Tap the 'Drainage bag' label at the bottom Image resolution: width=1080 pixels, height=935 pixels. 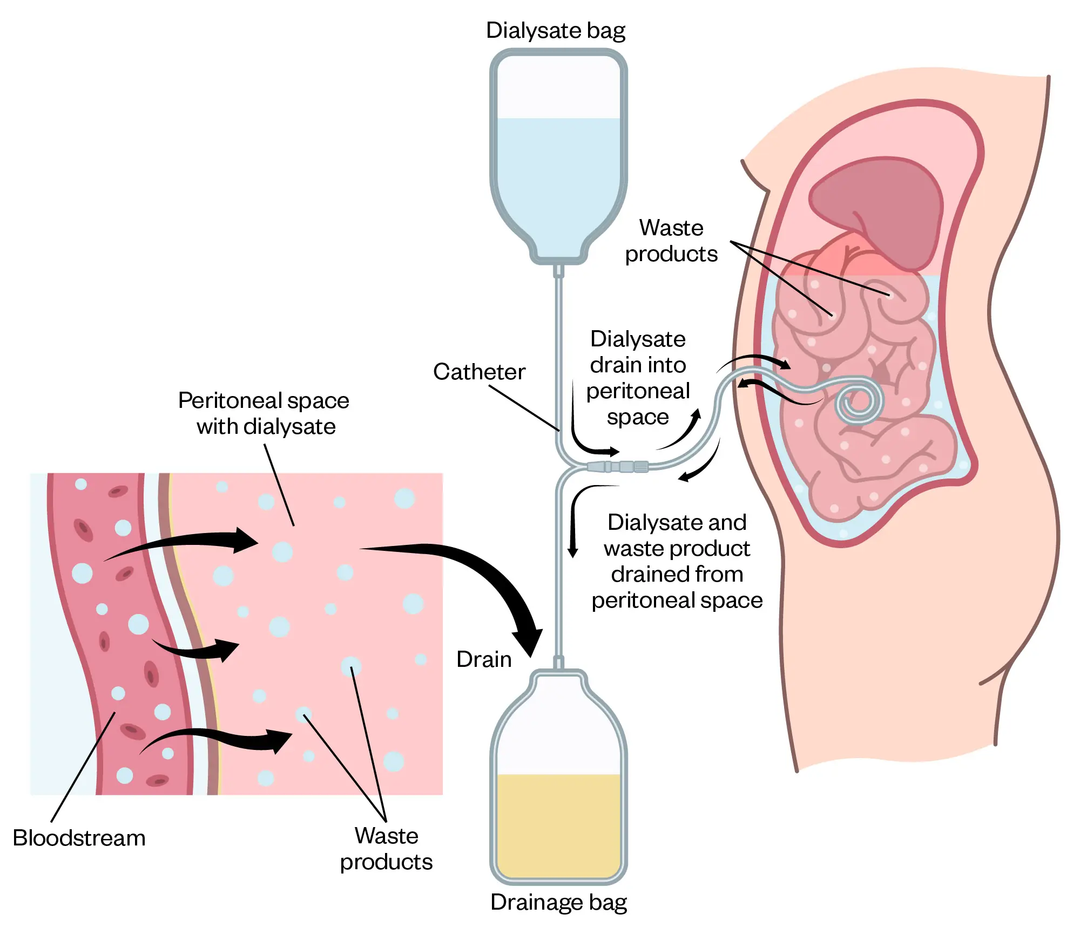(558, 902)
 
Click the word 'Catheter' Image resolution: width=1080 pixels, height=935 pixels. (479, 372)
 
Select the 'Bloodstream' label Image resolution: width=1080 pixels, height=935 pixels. (79, 838)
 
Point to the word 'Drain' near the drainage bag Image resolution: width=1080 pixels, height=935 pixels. (484, 659)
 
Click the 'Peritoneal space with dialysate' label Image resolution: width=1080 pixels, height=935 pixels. (264, 413)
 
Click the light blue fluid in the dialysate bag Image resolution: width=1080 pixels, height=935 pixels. (558, 178)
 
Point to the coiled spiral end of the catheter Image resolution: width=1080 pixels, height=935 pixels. (858, 402)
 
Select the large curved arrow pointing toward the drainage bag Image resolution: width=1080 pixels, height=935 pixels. (486, 583)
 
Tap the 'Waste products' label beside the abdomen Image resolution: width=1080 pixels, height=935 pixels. (671, 241)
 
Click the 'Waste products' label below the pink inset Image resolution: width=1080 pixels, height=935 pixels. (386, 849)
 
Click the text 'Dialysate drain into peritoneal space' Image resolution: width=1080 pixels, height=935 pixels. (638, 378)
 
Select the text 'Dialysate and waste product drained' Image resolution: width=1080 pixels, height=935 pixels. (677, 561)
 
